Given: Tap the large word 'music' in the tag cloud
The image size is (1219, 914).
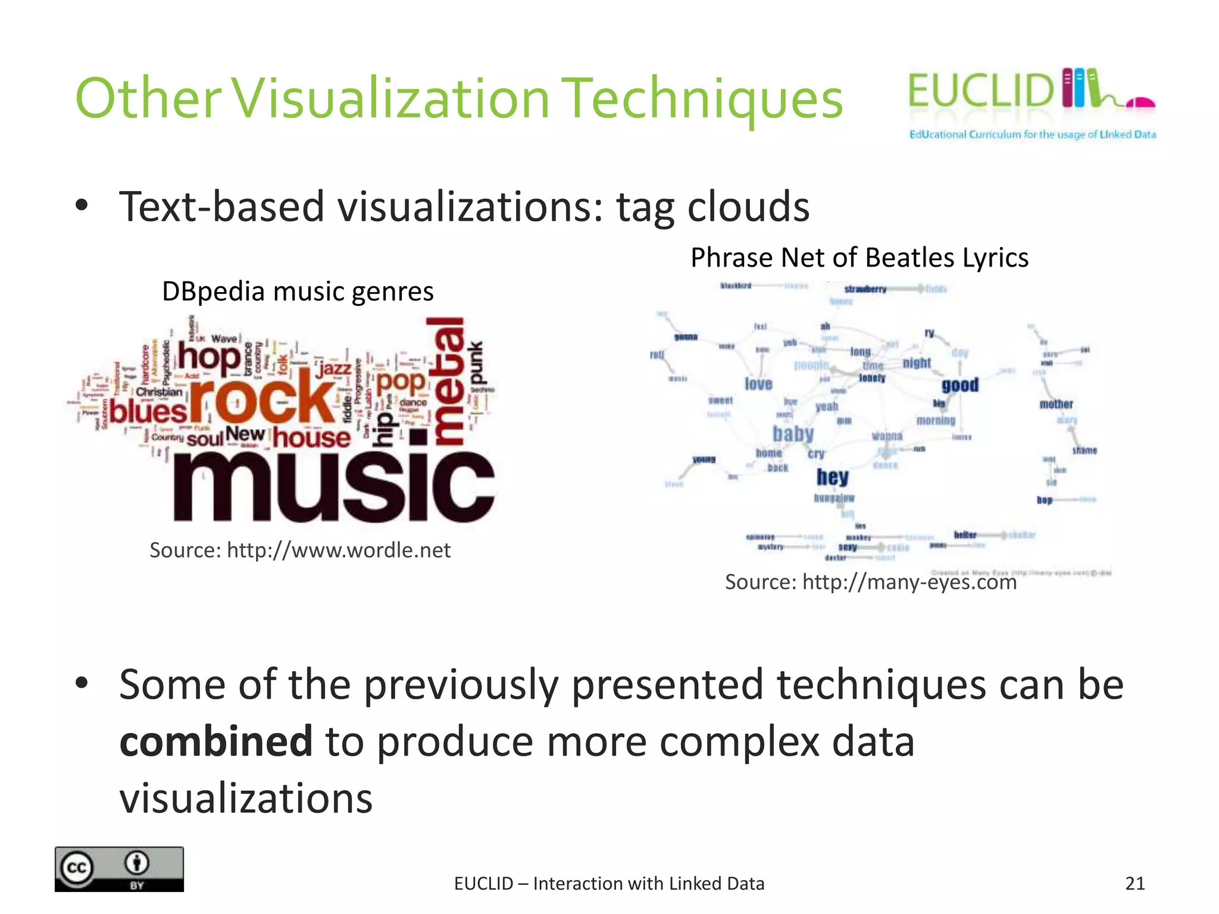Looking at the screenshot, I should coord(333,486).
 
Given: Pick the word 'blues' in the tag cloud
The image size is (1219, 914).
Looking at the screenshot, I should coord(148,412).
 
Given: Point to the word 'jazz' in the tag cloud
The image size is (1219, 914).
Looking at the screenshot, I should coord(334,368).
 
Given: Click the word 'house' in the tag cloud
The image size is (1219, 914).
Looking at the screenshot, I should coord(312,438).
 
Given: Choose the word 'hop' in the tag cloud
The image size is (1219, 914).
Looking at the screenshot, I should coord(209,358).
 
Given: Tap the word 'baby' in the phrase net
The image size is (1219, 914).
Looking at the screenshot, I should coord(793,434).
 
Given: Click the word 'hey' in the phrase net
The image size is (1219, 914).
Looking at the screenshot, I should coord(832,477).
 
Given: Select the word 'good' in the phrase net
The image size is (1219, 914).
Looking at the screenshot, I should coord(960,385).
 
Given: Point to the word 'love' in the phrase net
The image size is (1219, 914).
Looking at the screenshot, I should coord(758,384).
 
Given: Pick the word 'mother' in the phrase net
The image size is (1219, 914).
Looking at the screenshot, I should coord(1056,404).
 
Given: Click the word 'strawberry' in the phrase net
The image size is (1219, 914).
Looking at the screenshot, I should coord(865,289).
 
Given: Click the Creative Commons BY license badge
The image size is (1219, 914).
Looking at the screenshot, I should coord(119,869).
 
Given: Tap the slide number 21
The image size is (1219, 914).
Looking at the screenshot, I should coord(1135,883).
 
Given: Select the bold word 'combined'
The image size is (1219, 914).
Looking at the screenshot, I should coord(216,741).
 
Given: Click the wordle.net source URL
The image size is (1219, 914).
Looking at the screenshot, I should coord(338,550).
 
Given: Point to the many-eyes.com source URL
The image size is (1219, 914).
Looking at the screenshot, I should coord(909,582).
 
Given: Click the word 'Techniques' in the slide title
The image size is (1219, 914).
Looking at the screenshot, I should coord(702,99).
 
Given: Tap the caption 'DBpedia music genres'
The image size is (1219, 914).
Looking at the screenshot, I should coord(298,292).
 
